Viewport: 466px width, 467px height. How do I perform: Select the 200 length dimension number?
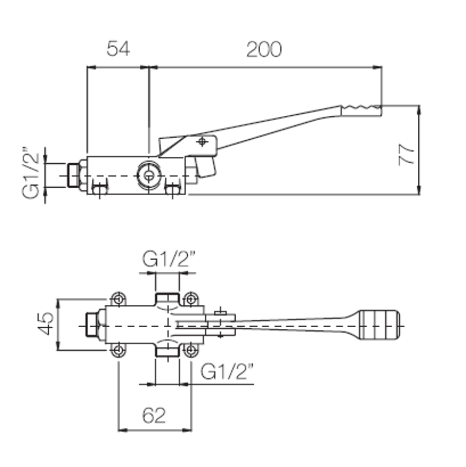(263, 50)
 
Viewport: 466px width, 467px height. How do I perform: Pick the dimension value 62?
(154, 415)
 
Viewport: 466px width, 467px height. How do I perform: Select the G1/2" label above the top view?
(170, 259)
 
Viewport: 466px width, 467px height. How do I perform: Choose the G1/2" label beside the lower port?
(228, 371)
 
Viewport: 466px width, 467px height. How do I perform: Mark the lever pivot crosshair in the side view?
(202, 142)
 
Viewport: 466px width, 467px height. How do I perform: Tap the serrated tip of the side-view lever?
(361, 109)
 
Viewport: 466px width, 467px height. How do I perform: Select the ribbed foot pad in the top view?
(380, 325)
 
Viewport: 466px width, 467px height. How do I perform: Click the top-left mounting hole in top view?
(119, 299)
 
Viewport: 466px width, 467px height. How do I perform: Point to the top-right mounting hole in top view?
(190, 299)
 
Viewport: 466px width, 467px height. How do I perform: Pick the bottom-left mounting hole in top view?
(119, 350)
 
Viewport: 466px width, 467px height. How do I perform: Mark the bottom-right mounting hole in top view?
(190, 350)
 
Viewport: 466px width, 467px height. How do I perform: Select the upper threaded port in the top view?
(169, 300)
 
